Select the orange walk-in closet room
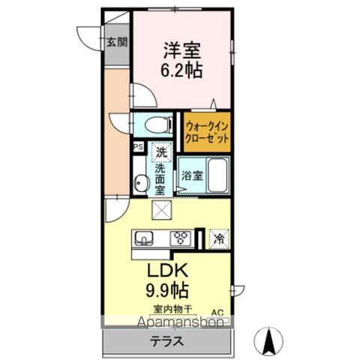(204, 131)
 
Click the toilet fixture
(152, 124)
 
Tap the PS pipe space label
(138, 148)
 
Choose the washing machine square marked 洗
(160, 151)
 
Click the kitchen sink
(145, 238)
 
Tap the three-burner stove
(181, 238)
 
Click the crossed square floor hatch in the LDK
(162, 210)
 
